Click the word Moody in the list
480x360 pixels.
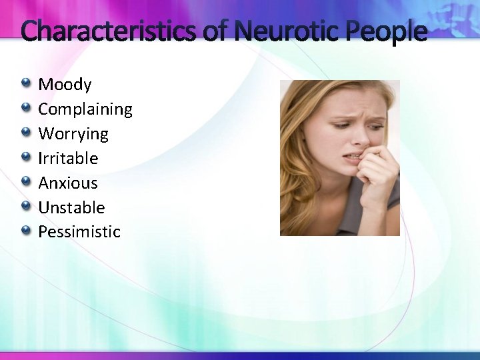pos(65,85)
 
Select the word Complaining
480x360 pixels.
pos(85,109)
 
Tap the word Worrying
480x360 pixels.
pos(73,134)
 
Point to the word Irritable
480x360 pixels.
pos(68,159)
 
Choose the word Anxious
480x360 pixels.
pos(68,183)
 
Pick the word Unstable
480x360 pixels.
pos(71,208)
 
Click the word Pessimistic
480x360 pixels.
pos(79,232)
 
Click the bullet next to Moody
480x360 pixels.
pos(26,83)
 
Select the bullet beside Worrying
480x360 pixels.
pos(26,133)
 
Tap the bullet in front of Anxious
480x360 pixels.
pos(26,182)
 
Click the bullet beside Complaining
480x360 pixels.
pos(26,108)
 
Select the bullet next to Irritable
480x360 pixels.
pos(26,157)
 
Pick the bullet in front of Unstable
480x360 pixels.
pos(26,207)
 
